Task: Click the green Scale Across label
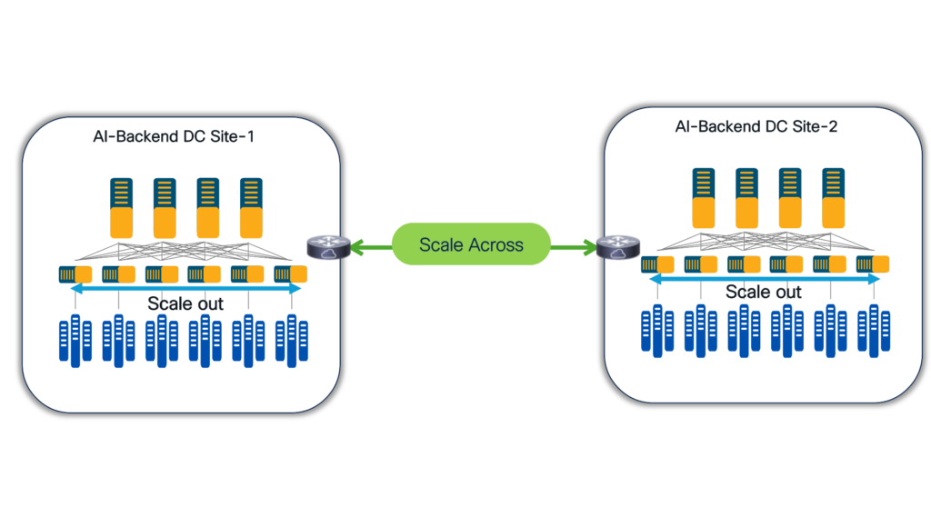tap(471, 244)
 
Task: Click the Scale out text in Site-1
tap(185, 303)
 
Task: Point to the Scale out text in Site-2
tap(764, 293)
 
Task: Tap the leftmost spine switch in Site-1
tap(122, 207)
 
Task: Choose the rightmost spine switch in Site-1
tap(252, 207)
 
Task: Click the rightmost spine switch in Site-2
tap(834, 198)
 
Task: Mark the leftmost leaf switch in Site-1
tap(75, 274)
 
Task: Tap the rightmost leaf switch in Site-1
tap(290, 274)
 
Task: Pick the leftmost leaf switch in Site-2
tap(657, 264)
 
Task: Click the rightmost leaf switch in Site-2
tap(872, 264)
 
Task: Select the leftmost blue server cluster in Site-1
tap(75, 340)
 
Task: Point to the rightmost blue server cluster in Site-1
tap(290, 340)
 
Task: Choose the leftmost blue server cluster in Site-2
tap(657, 331)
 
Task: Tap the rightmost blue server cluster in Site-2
tap(872, 331)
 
